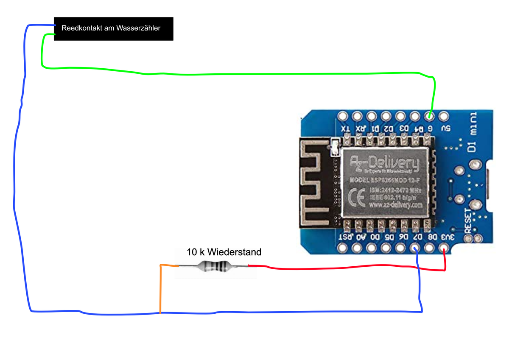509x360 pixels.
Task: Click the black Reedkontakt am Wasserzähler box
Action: (113, 29)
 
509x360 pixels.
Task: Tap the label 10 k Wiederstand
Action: (224, 252)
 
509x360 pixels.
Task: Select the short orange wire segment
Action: (160, 288)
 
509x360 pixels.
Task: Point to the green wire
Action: (238, 74)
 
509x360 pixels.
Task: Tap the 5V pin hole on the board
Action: (444, 115)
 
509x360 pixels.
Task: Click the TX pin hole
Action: (342, 115)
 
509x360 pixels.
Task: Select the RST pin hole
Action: (343, 248)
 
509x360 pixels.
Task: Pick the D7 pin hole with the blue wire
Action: (415, 248)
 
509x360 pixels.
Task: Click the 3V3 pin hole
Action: (444, 248)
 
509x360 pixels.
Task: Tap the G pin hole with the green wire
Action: (429, 115)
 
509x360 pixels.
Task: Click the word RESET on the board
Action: (468, 220)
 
